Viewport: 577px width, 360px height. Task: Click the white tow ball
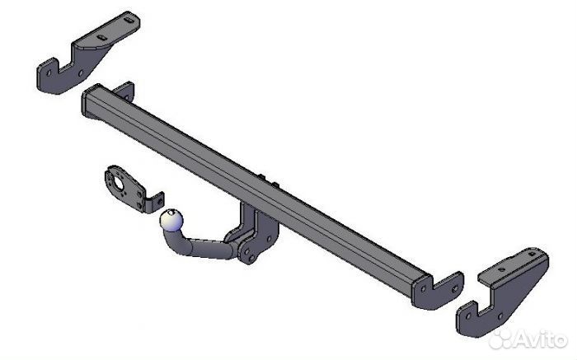[x=171, y=220]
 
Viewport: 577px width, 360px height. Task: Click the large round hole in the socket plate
[x=118, y=184]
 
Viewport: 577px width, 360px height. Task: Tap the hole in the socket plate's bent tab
[x=160, y=201]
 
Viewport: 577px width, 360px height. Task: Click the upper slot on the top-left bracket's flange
[x=129, y=21]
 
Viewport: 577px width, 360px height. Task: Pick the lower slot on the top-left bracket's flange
[x=101, y=38]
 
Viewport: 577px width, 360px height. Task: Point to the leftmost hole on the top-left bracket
[x=49, y=72]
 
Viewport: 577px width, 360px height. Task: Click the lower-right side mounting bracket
[x=502, y=292]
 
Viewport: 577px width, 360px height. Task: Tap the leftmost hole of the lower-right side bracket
[x=468, y=316]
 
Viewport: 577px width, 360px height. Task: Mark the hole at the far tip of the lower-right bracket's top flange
[x=532, y=254]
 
